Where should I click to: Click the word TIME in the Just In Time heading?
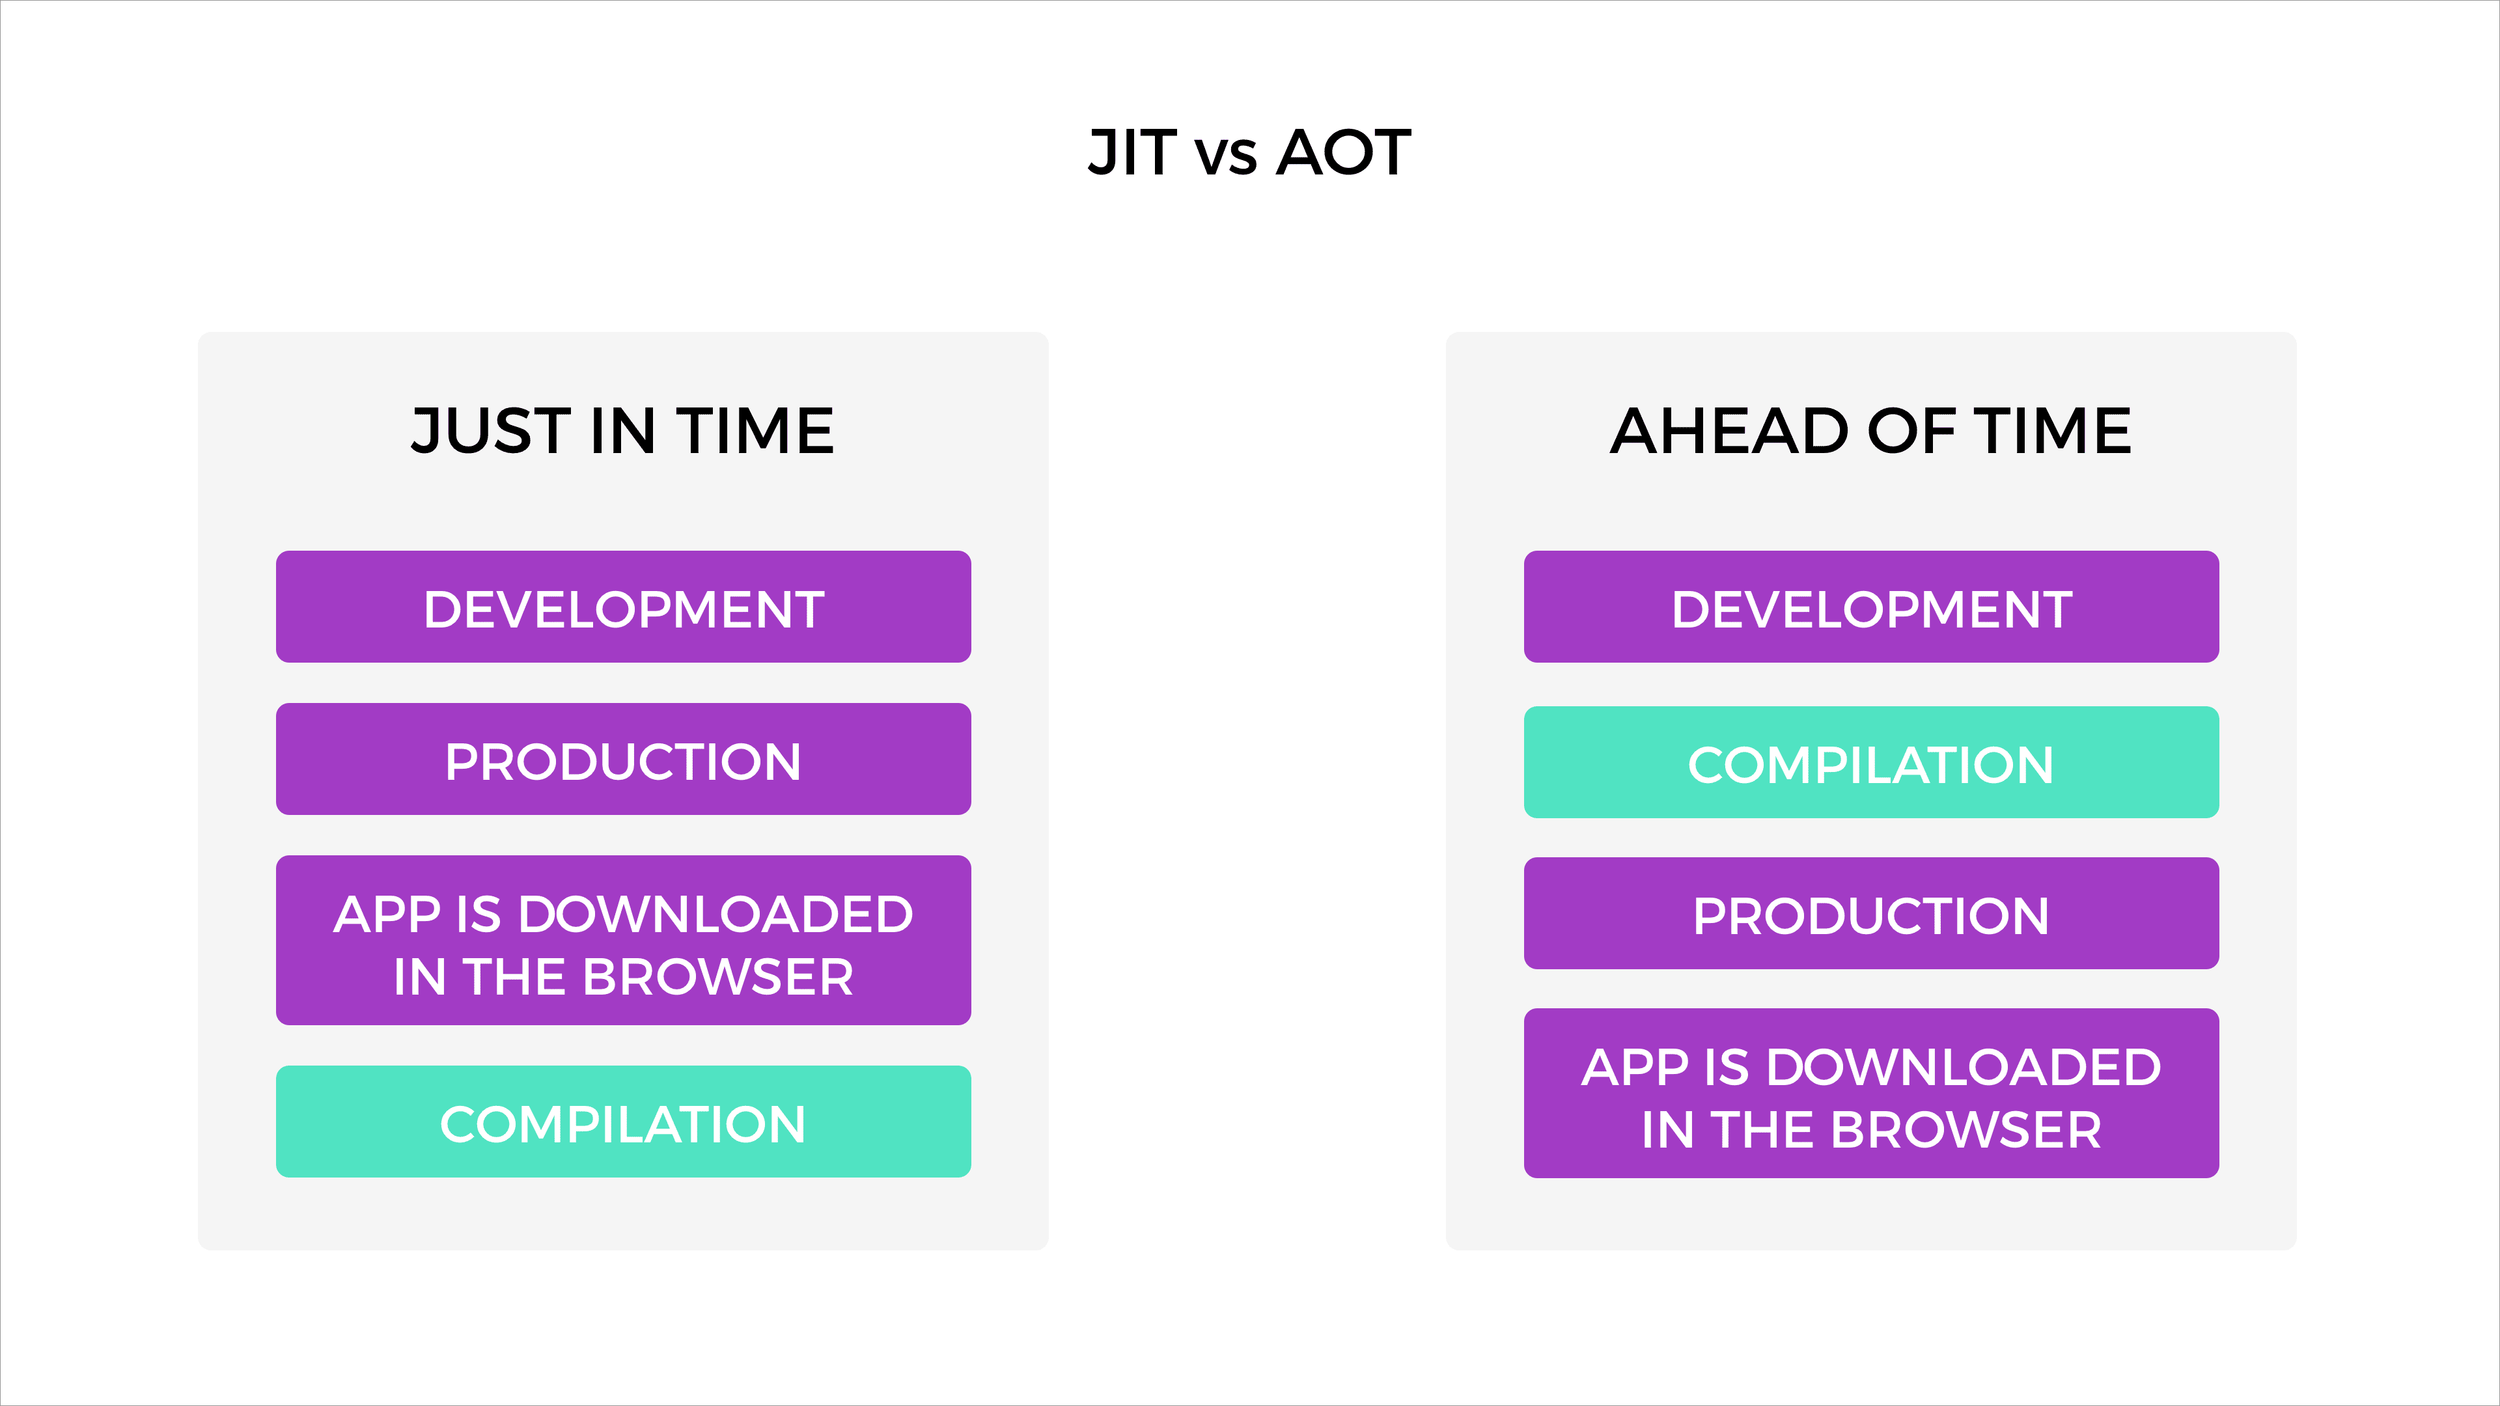click(755, 431)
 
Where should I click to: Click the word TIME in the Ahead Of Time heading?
click(2053, 431)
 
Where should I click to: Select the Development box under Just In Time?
click(623, 607)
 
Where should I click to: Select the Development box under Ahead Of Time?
click(1871, 607)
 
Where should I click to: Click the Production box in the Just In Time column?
click(623, 759)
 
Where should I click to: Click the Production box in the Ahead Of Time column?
click(1871, 913)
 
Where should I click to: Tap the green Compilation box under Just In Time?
click(623, 1122)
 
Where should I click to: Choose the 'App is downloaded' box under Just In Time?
click(623, 940)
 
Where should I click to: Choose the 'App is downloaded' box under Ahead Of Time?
click(1871, 1094)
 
